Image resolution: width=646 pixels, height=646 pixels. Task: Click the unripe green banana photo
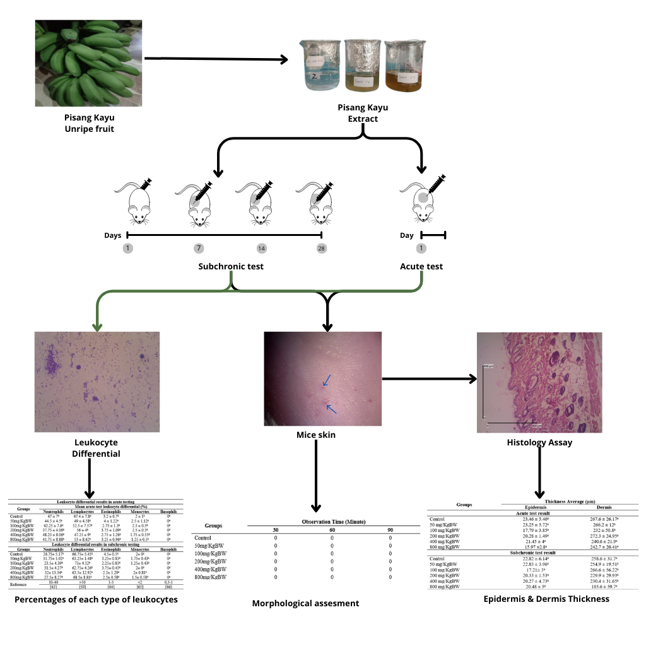pyautogui.click(x=88, y=63)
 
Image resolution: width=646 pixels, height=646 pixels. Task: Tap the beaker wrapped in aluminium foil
pyautogui.click(x=360, y=64)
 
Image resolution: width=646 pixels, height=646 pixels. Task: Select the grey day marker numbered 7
pyautogui.click(x=199, y=249)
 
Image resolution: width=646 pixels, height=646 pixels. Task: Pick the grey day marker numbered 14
pyautogui.click(x=261, y=249)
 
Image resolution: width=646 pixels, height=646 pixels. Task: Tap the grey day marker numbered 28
pyautogui.click(x=322, y=249)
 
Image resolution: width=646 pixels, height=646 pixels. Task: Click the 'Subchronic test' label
pyautogui.click(x=230, y=266)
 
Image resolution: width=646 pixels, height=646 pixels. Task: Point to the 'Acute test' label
pyautogui.click(x=421, y=266)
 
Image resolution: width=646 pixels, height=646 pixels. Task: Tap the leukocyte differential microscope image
pyautogui.click(x=97, y=382)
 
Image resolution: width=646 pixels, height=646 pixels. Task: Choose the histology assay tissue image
pyautogui.click(x=539, y=382)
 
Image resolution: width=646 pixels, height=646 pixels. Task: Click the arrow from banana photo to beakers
pyautogui.click(x=216, y=60)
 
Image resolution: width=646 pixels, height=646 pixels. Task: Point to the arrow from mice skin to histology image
pyautogui.click(x=429, y=379)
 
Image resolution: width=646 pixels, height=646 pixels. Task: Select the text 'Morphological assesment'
pyautogui.click(x=305, y=603)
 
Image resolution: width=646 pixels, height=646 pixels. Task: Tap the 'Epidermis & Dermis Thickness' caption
pyautogui.click(x=546, y=598)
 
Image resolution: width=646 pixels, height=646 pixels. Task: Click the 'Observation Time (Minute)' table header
pyautogui.click(x=334, y=522)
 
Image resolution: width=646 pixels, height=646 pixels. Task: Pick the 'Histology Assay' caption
pyautogui.click(x=539, y=442)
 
